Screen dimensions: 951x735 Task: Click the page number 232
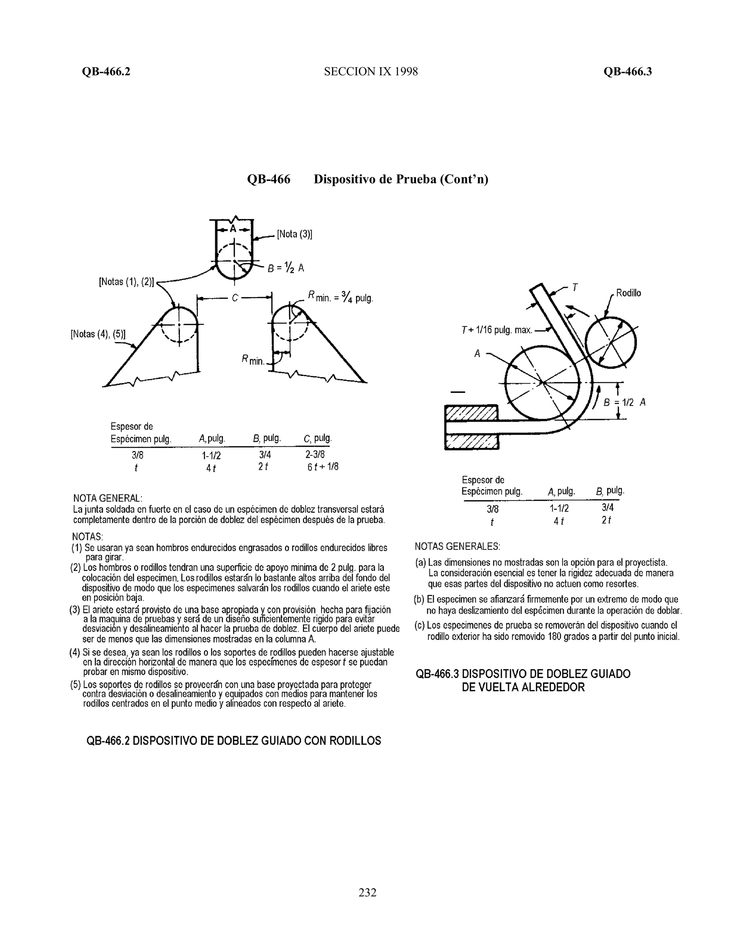(367, 892)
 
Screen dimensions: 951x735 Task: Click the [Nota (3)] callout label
(295, 234)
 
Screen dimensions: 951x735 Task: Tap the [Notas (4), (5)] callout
(98, 334)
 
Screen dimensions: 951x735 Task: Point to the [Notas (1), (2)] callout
(127, 282)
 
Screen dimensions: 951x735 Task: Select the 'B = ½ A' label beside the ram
(286, 268)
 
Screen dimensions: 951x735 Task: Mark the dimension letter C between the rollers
(235, 298)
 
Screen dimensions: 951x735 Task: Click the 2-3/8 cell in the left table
(315, 455)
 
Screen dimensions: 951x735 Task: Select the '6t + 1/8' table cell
(323, 467)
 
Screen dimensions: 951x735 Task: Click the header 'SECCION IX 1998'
(370, 71)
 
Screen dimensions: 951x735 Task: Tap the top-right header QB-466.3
(627, 71)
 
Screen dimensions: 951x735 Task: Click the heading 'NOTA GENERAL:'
(108, 498)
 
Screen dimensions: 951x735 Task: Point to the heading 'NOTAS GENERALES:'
(457, 547)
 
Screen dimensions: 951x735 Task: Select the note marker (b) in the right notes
(419, 600)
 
